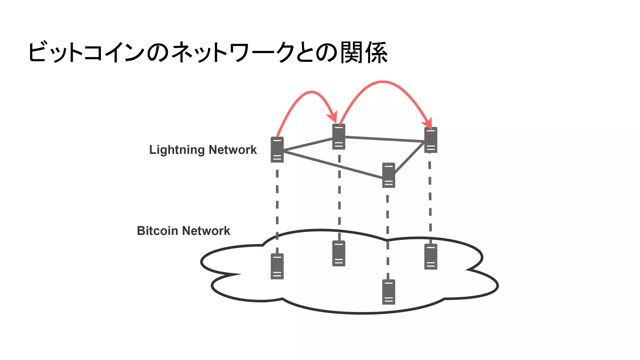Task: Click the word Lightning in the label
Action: point(177,150)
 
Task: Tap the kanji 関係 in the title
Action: point(364,52)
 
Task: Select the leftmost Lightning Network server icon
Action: point(277,150)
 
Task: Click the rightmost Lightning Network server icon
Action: point(431,140)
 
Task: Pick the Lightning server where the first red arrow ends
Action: point(339,137)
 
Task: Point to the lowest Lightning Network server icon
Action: point(388,175)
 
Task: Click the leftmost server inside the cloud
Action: point(277,266)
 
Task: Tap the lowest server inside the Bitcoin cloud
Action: point(388,292)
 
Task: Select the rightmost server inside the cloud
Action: point(431,257)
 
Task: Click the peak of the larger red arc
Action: point(383,82)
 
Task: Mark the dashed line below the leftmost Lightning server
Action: point(277,203)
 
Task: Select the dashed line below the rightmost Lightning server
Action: point(430,194)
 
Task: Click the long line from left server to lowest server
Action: point(333,165)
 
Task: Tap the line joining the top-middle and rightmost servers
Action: point(384,139)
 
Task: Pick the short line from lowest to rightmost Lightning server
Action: point(409,158)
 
